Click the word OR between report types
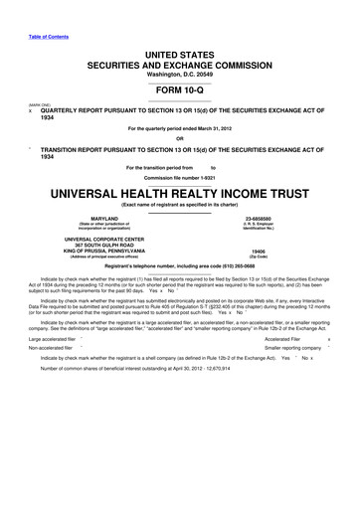coord(180,137)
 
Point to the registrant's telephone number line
coord(180,268)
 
